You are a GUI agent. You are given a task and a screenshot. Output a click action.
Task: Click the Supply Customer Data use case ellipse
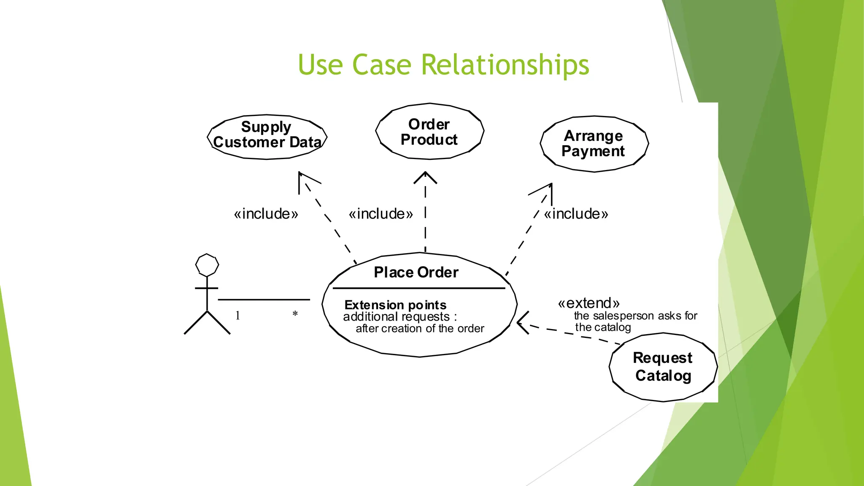(267, 137)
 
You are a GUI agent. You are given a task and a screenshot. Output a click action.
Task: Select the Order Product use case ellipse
(429, 131)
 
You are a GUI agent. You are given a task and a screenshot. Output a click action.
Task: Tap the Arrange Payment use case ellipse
(594, 144)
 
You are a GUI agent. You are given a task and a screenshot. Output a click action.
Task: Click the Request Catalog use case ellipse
(663, 367)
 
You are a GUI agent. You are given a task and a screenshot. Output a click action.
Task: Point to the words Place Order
(416, 273)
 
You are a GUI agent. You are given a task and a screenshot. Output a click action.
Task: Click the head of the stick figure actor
(207, 265)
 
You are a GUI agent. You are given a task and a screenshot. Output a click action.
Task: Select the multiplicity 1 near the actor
(238, 316)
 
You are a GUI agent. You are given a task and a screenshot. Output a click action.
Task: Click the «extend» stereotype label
(589, 303)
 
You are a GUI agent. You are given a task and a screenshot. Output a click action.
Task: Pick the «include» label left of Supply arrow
(266, 214)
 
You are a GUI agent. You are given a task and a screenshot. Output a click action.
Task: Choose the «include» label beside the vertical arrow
(381, 214)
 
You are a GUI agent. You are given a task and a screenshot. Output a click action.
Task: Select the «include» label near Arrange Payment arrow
(576, 214)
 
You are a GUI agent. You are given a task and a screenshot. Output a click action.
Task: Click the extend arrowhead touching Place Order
(521, 323)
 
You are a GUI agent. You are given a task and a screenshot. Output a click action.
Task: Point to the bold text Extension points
(395, 305)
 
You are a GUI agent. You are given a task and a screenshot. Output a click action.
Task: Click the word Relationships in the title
(505, 65)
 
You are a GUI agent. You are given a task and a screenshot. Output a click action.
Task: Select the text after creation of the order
(420, 329)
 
